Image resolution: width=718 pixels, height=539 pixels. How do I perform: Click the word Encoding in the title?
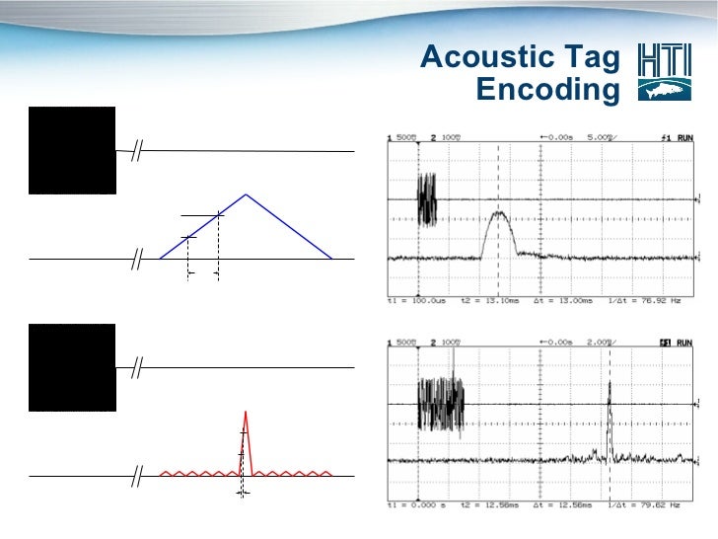(546, 91)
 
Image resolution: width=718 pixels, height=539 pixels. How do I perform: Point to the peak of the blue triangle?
(246, 194)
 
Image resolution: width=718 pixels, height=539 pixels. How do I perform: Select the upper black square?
(72, 150)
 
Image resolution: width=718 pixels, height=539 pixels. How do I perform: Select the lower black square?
(72, 367)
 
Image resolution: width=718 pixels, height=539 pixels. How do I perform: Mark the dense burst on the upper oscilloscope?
(427, 200)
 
